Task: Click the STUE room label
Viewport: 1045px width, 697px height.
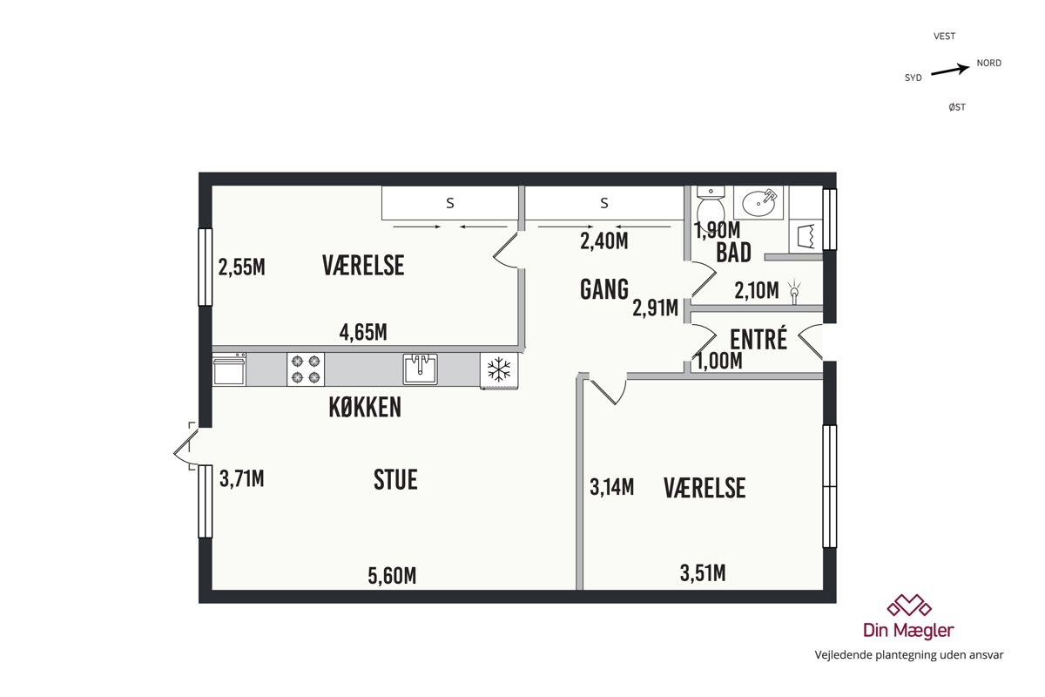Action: tap(395, 479)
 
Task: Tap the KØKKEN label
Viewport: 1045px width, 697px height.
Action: tap(365, 407)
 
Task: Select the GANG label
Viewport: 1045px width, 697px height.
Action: tap(604, 289)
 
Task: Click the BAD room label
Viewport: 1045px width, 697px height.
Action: tap(733, 253)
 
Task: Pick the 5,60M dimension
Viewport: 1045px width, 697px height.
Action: tap(392, 576)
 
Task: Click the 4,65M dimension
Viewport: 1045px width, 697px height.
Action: tap(363, 332)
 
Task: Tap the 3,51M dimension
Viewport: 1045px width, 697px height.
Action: tap(703, 572)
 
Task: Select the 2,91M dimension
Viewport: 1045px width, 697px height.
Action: tap(655, 308)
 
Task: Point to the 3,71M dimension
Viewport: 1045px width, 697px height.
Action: tap(242, 478)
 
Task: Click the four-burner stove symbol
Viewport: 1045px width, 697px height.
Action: tap(306, 369)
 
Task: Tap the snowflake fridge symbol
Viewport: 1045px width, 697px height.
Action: tap(499, 370)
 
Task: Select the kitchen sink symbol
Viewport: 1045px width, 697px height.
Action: tap(421, 369)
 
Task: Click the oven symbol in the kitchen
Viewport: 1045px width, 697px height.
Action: tap(229, 369)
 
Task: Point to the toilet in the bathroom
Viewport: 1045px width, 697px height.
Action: tap(711, 205)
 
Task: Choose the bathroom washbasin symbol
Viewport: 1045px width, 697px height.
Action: tap(758, 203)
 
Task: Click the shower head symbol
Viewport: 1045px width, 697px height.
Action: tap(794, 291)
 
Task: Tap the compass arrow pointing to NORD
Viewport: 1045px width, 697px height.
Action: tap(950, 70)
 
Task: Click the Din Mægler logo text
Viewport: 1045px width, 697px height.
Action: tap(908, 630)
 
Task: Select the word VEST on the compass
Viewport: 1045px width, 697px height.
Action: tap(944, 36)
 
